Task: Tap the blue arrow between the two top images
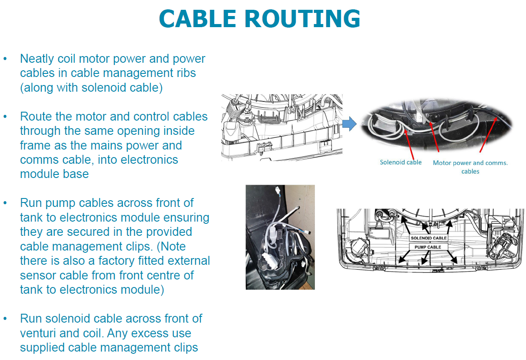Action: coord(351,124)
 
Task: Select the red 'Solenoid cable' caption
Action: coord(400,162)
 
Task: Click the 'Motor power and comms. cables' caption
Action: coord(470,167)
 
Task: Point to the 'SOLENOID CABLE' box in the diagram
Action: coord(428,238)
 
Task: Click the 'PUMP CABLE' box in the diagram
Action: coord(428,247)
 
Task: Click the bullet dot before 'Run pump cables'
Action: coord(5,203)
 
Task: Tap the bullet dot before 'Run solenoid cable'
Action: coord(5,319)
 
